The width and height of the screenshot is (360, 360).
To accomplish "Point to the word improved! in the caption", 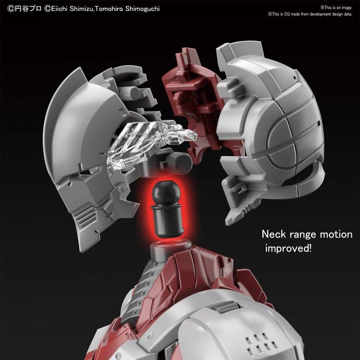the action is (x=288, y=249).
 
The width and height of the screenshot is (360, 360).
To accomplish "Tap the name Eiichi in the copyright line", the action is (x=59, y=9).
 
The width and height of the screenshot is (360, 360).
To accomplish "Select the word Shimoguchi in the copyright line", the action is (x=143, y=9).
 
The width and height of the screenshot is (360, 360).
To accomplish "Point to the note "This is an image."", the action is (x=336, y=8).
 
